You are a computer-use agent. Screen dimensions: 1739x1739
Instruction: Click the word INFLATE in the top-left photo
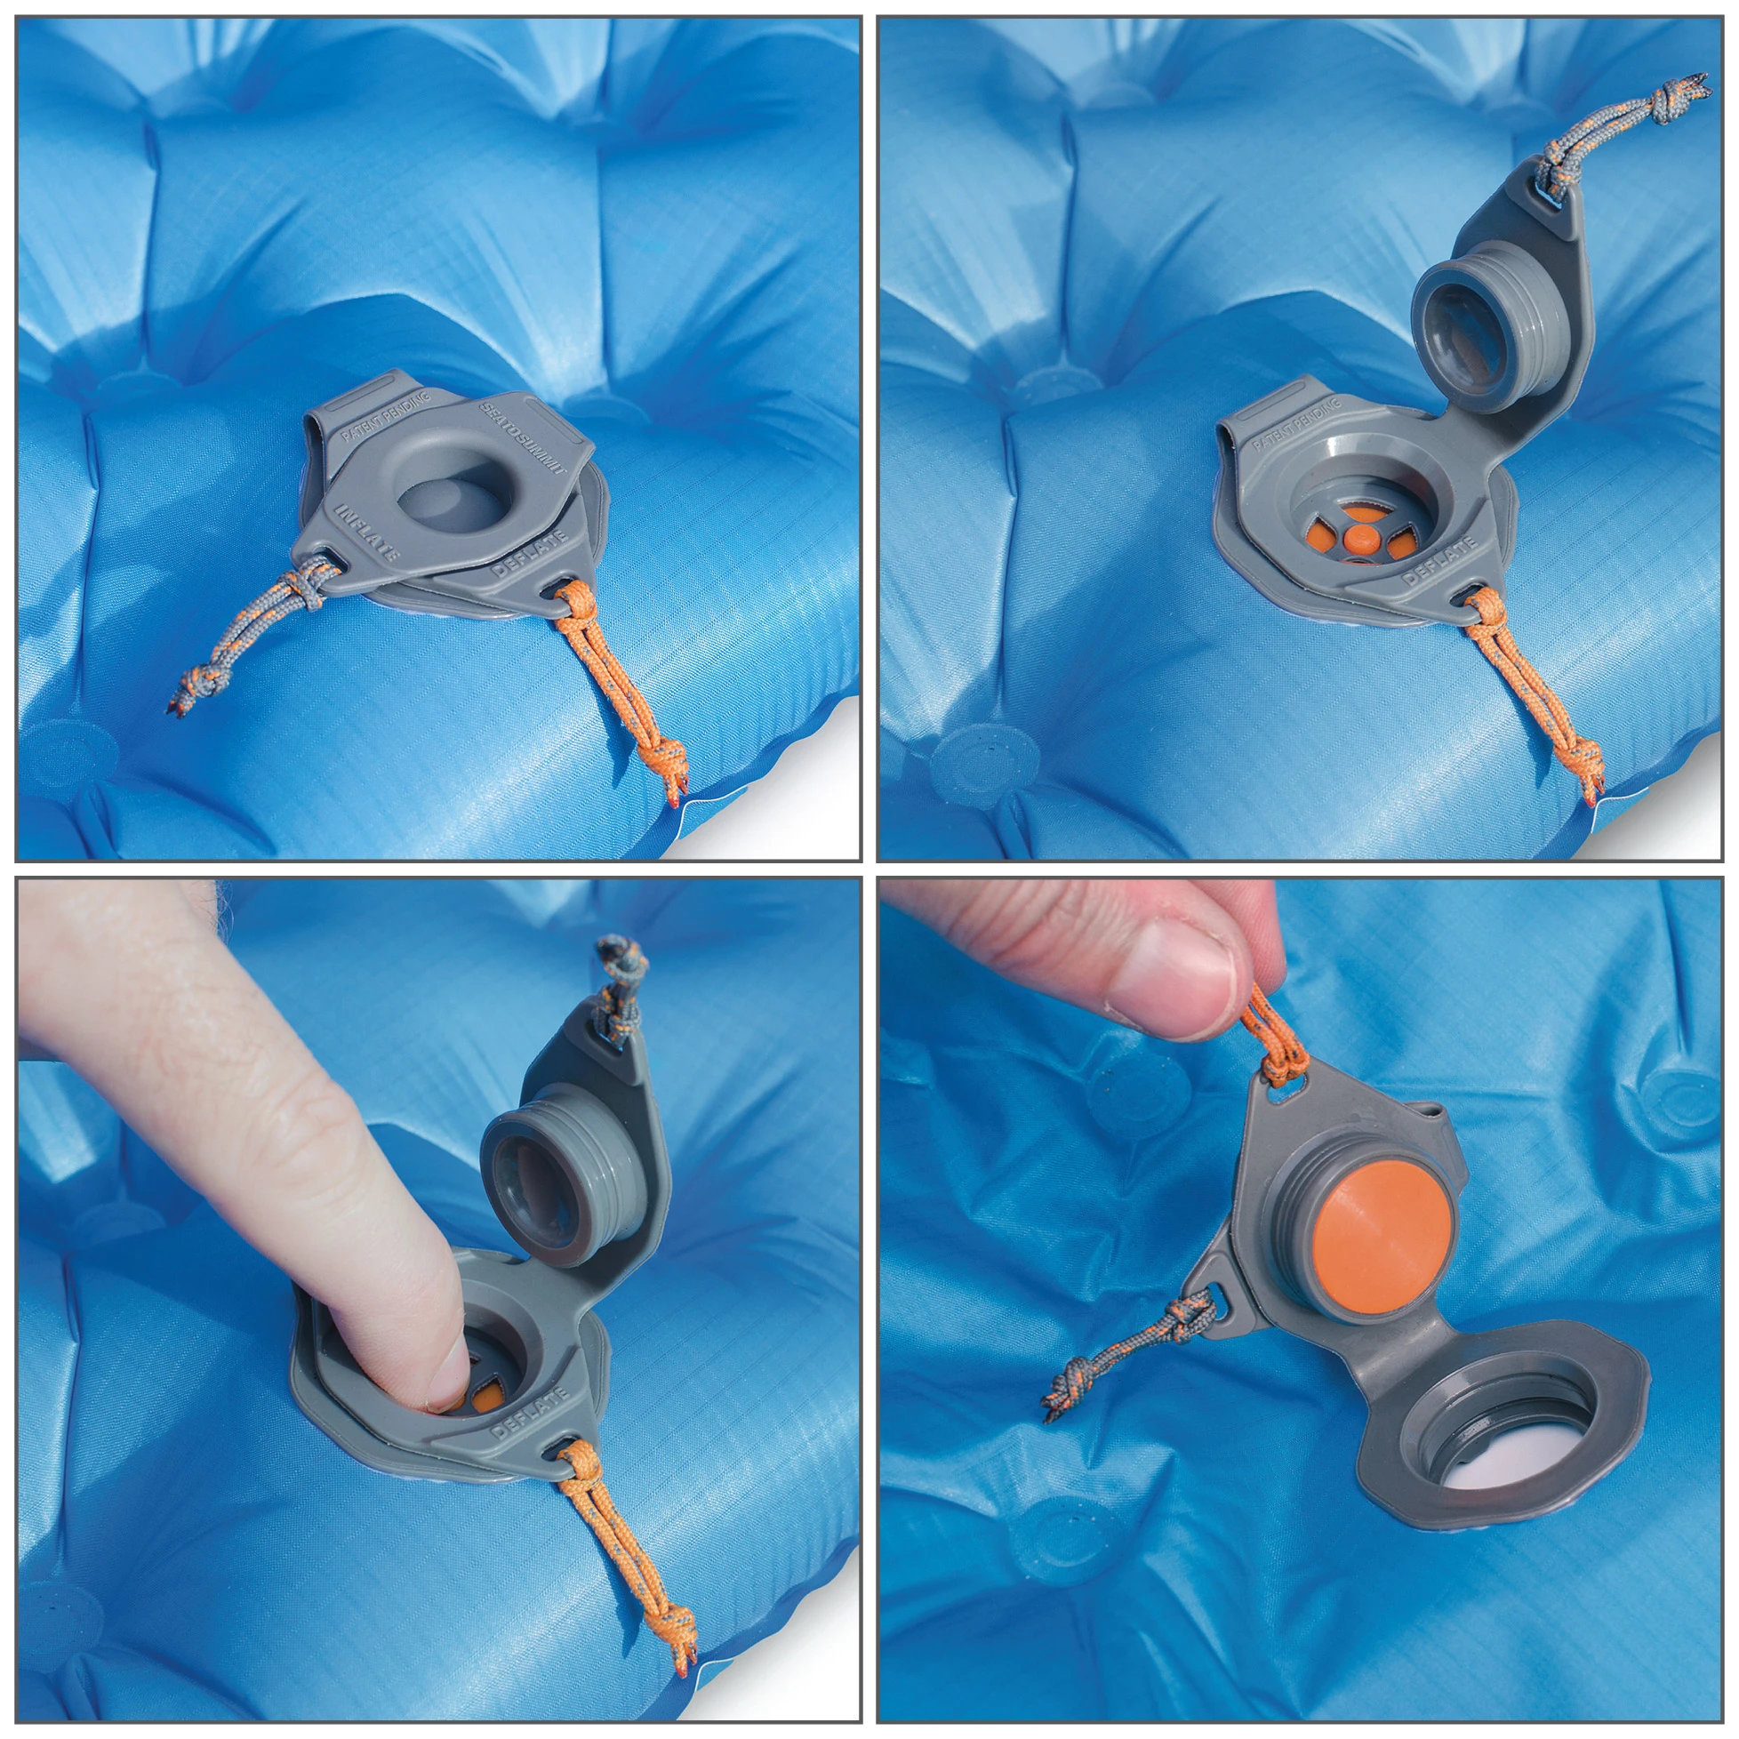[x=367, y=533]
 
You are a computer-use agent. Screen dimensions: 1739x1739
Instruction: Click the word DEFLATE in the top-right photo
[x=1439, y=562]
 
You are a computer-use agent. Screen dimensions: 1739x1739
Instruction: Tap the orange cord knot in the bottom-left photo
[x=679, y=1644]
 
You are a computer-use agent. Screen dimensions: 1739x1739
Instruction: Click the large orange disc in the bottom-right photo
[x=1382, y=1232]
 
